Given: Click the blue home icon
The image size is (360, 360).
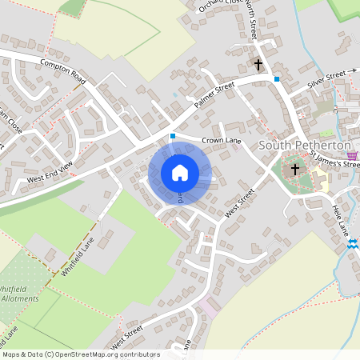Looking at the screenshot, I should click(x=180, y=173).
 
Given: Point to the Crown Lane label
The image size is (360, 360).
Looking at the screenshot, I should click(x=222, y=141).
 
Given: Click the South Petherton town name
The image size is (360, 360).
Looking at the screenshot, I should click(x=306, y=146).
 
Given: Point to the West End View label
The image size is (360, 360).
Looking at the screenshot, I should click(x=50, y=171).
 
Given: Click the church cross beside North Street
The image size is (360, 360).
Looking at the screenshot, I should click(x=258, y=62).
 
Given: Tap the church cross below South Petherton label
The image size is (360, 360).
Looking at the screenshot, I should click(x=295, y=169).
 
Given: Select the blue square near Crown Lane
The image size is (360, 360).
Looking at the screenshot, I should click(x=172, y=136).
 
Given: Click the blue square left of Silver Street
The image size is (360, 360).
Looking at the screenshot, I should click(x=277, y=78).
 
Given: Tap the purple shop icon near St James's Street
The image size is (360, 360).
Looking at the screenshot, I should click(x=353, y=154).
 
